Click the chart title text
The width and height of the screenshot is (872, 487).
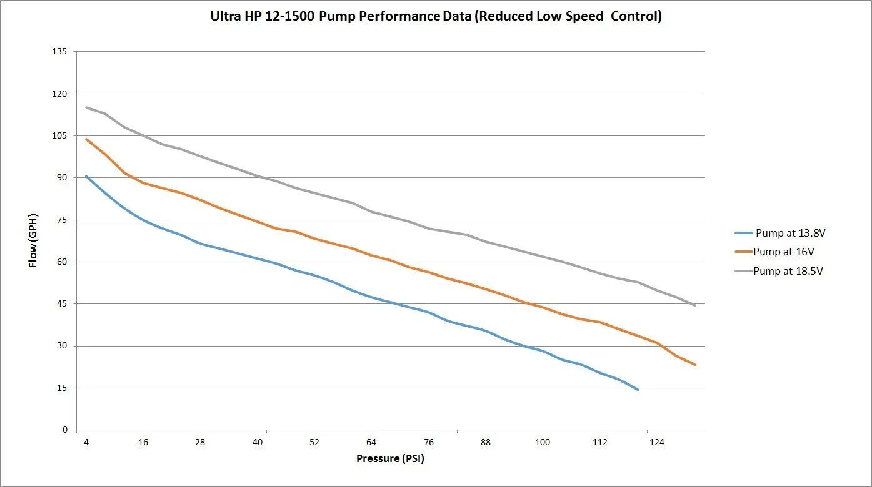click(436, 17)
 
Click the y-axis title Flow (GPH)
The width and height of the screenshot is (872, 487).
click(33, 240)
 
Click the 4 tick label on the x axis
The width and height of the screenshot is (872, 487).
click(86, 443)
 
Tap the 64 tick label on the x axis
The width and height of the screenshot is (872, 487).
click(371, 443)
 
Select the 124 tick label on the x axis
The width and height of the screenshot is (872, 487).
click(656, 443)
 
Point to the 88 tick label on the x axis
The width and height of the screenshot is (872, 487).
click(485, 443)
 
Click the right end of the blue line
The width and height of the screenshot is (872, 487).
click(638, 390)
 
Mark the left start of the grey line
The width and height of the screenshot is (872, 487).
click(86, 107)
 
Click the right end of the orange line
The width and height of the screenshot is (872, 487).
click(695, 365)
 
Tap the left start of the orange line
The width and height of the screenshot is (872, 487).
click(86, 139)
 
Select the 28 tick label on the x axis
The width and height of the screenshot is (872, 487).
click(200, 443)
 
